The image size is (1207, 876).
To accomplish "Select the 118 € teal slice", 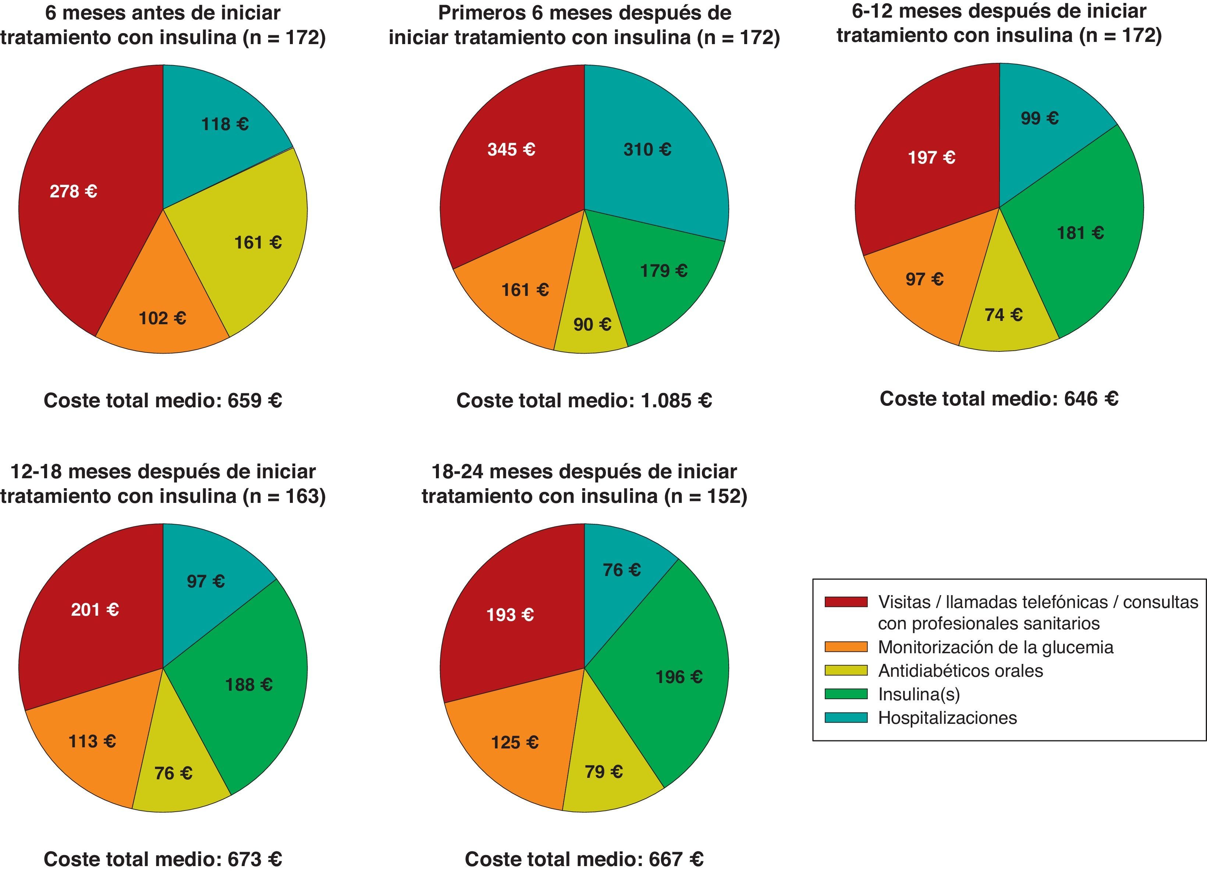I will (224, 125).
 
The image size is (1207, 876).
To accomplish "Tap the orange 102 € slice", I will (162, 318).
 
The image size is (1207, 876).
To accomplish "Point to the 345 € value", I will (511, 150).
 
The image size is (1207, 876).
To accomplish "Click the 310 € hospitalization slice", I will (647, 150).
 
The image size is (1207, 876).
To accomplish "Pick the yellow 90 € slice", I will (592, 325).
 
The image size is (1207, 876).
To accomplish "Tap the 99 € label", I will (1039, 118).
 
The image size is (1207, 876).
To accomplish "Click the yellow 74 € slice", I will (1003, 315).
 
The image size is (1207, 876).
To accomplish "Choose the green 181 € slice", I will (1080, 233).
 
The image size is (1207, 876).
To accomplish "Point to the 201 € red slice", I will (95, 609).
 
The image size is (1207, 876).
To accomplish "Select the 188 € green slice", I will (249, 684).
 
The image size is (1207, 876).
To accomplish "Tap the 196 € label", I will (678, 677).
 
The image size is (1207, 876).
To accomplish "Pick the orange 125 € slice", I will (514, 742).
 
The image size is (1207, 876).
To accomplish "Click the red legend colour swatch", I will (846, 601).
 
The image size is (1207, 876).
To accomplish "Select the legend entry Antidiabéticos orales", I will (960, 671).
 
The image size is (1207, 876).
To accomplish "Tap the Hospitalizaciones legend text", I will (947, 718).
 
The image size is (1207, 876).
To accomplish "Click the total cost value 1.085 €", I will (676, 400).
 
